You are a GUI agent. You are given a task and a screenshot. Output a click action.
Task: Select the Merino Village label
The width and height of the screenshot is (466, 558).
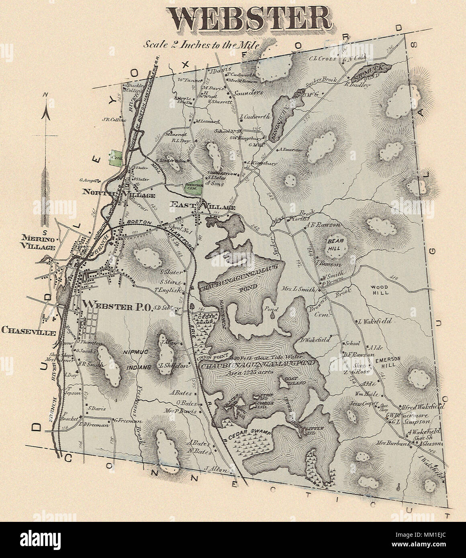[x=39, y=243]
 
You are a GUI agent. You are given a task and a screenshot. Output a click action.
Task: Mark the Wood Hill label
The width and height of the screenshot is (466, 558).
[x=379, y=290]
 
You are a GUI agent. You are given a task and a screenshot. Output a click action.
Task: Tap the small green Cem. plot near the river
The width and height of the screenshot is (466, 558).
[x=116, y=156]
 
